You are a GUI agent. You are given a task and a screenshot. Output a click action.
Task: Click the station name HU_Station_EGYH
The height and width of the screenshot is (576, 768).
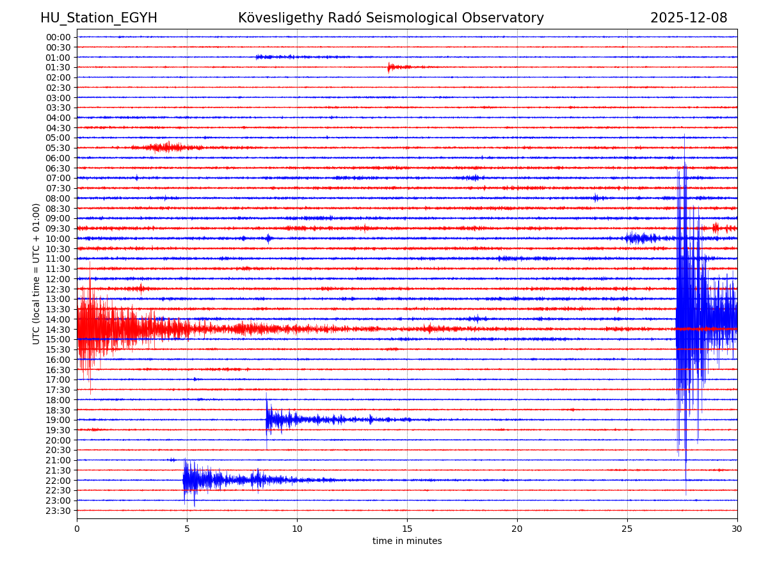click(x=99, y=18)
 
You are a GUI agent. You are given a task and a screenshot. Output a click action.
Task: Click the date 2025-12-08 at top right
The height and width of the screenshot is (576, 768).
click(x=689, y=18)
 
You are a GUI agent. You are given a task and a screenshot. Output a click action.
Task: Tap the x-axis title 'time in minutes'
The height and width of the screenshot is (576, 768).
click(x=407, y=541)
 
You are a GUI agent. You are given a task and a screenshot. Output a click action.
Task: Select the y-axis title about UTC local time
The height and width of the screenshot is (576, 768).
click(x=36, y=273)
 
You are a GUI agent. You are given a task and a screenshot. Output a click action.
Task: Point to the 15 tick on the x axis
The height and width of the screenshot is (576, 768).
click(x=407, y=529)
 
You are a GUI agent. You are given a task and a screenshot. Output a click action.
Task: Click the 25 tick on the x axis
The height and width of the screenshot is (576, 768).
click(x=627, y=529)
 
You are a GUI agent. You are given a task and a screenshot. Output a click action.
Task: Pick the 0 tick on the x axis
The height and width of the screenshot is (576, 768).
click(x=77, y=529)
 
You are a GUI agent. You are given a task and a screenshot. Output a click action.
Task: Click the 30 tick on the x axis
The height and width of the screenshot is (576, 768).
click(x=737, y=529)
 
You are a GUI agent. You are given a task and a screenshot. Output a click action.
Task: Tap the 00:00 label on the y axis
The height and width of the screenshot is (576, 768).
click(x=58, y=37)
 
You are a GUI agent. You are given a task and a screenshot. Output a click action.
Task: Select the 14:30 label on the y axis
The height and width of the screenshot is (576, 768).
click(x=58, y=329)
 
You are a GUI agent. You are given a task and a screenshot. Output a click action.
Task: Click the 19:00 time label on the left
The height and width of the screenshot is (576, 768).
click(x=58, y=420)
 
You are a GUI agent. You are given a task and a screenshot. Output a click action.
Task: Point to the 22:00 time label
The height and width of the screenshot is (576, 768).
click(x=58, y=480)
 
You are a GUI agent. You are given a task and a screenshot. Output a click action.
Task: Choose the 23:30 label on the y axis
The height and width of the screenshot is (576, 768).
click(x=58, y=511)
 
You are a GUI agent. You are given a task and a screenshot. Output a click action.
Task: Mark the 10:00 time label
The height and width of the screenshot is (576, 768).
click(x=58, y=239)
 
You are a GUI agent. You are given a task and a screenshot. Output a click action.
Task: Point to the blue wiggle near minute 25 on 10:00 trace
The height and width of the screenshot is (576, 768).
click(x=641, y=238)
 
